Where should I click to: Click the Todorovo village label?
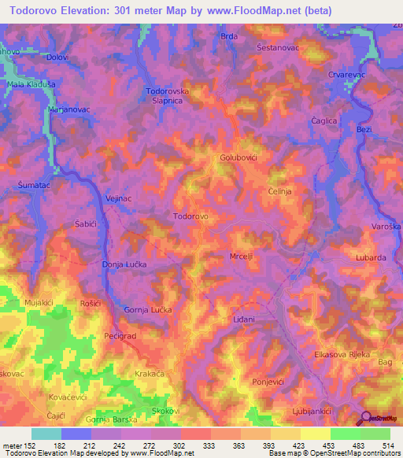tap(190, 216)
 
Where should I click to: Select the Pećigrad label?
tap(120, 336)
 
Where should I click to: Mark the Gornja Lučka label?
tap(146, 310)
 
